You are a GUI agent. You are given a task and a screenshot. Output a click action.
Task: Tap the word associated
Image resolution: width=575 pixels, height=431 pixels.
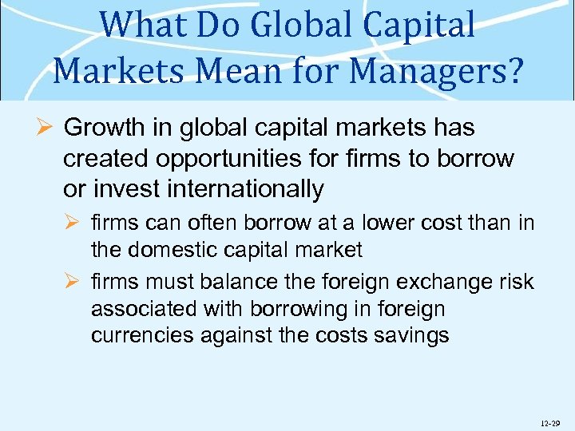(x=145, y=309)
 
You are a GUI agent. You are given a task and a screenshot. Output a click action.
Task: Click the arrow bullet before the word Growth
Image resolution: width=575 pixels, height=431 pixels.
(x=46, y=128)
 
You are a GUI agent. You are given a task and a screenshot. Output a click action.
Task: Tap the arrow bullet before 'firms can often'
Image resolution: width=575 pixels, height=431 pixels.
(x=74, y=222)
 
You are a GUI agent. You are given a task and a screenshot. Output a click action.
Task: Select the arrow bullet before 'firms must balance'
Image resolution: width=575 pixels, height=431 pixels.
(x=74, y=282)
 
